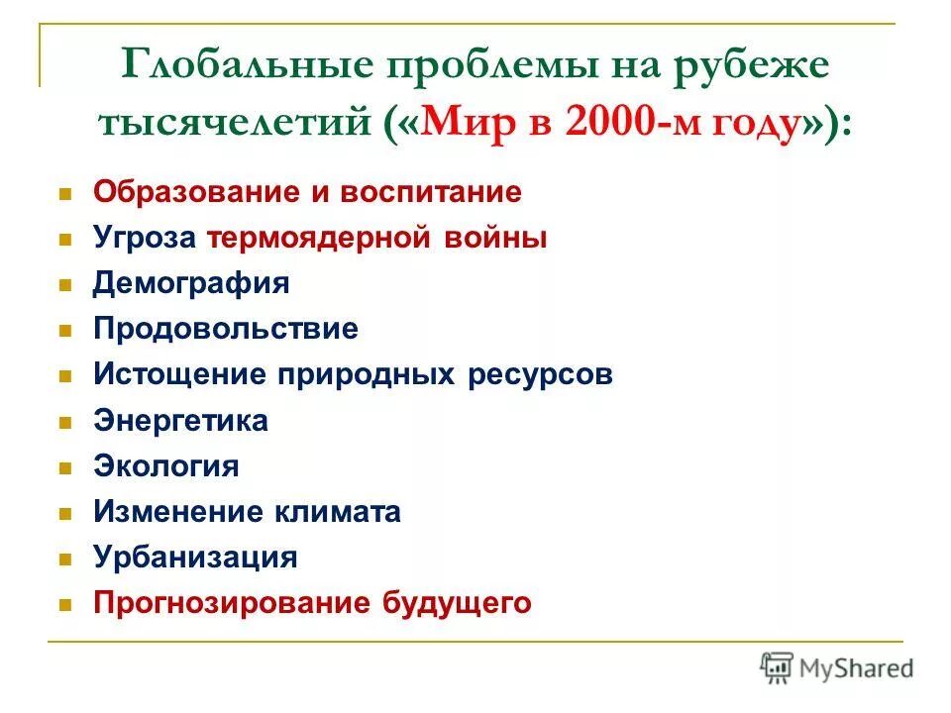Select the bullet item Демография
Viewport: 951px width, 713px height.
pyautogui.click(x=191, y=283)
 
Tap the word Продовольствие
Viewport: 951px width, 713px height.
pyautogui.click(x=226, y=329)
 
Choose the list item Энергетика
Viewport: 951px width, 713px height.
pyautogui.click(x=180, y=421)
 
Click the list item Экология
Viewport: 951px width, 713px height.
pyautogui.click(x=166, y=466)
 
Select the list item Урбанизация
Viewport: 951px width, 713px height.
pyautogui.click(x=195, y=558)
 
